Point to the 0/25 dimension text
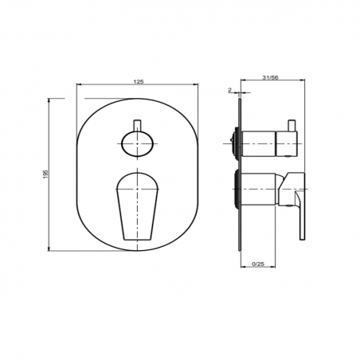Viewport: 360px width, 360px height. [257, 263]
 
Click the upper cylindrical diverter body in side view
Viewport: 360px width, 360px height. [263, 144]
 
